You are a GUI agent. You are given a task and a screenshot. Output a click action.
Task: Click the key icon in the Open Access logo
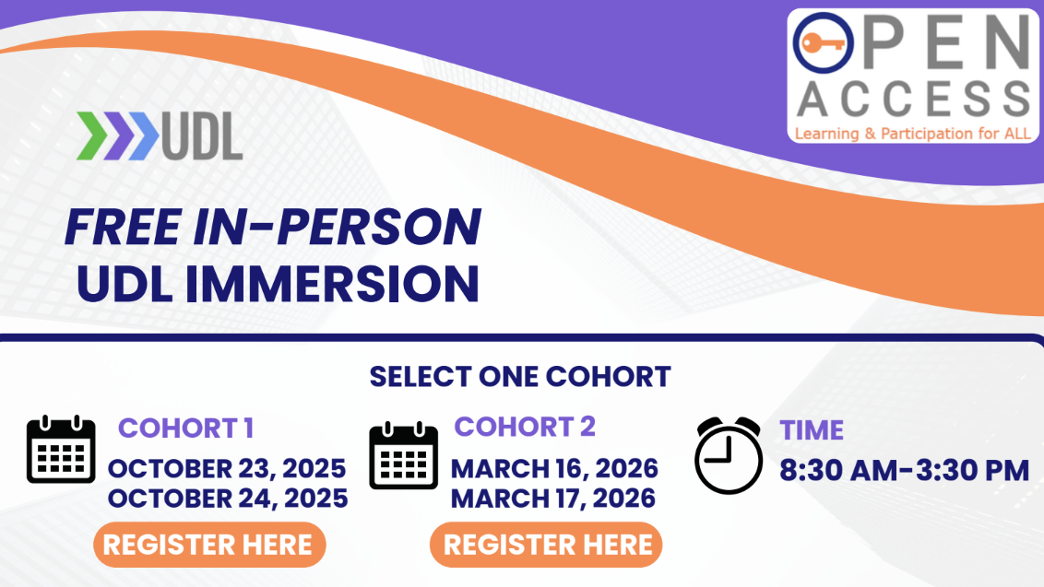pos(821,43)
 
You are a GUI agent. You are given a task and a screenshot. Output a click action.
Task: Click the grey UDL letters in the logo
pos(202,137)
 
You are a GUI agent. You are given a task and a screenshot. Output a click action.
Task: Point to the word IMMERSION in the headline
pos(333,285)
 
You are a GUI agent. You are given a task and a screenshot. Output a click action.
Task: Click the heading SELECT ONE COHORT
pos(520,377)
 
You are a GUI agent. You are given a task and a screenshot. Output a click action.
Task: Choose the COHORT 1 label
pos(186,429)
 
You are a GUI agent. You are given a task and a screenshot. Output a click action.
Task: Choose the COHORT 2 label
pos(525,427)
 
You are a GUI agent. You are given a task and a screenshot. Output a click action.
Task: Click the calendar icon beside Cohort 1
pos(61,450)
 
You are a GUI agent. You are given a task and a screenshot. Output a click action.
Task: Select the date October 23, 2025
pos(227,468)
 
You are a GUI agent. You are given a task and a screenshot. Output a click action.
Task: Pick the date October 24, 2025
pos(227,499)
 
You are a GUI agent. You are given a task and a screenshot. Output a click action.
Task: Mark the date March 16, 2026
pos(554,468)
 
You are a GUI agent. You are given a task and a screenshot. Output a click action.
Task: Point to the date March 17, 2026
pos(553,499)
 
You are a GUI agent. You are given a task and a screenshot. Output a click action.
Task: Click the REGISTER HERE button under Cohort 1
pos(208,545)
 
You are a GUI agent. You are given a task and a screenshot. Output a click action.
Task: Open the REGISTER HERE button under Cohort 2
pos(547,545)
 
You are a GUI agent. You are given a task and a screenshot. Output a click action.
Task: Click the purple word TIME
pos(812,430)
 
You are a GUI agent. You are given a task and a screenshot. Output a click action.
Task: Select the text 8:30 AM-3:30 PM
pos(904,470)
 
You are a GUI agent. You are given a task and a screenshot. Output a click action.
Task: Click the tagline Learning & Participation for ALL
pos(912,135)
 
